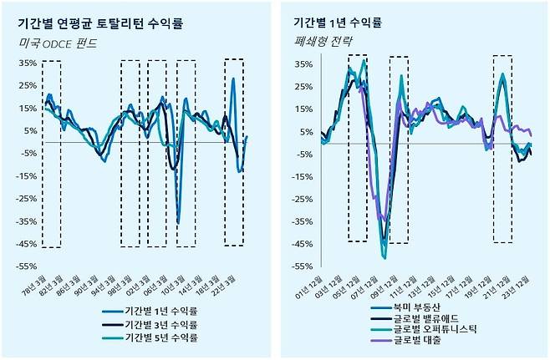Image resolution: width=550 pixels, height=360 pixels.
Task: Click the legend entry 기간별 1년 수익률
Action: [x=160, y=309]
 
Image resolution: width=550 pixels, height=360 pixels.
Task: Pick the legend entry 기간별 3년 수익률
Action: [x=160, y=323]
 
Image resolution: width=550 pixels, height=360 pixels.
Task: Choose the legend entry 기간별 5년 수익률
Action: [x=160, y=337]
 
